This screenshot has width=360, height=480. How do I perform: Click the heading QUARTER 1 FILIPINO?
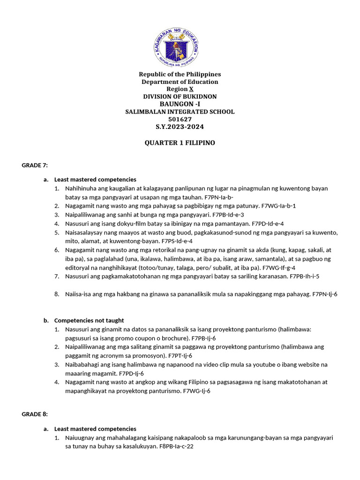tap(180, 142)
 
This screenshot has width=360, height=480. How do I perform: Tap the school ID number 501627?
tap(180, 119)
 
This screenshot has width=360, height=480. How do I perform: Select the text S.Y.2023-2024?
tap(180, 127)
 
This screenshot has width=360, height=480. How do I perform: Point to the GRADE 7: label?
tap(35, 165)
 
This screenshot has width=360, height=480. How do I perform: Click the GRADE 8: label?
tap(35, 414)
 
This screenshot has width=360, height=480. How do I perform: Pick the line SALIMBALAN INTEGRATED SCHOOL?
tap(180, 112)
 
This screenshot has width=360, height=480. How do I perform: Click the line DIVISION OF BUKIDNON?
tap(180, 97)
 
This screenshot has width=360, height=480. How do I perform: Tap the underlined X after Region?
tap(191, 89)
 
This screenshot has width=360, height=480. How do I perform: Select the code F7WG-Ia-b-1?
tap(279, 206)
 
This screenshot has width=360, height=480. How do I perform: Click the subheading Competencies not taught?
tap(89, 321)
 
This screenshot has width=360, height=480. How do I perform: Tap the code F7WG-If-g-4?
tap(279, 268)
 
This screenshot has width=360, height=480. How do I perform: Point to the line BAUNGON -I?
tap(180, 104)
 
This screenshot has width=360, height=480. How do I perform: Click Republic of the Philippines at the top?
tap(180, 74)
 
